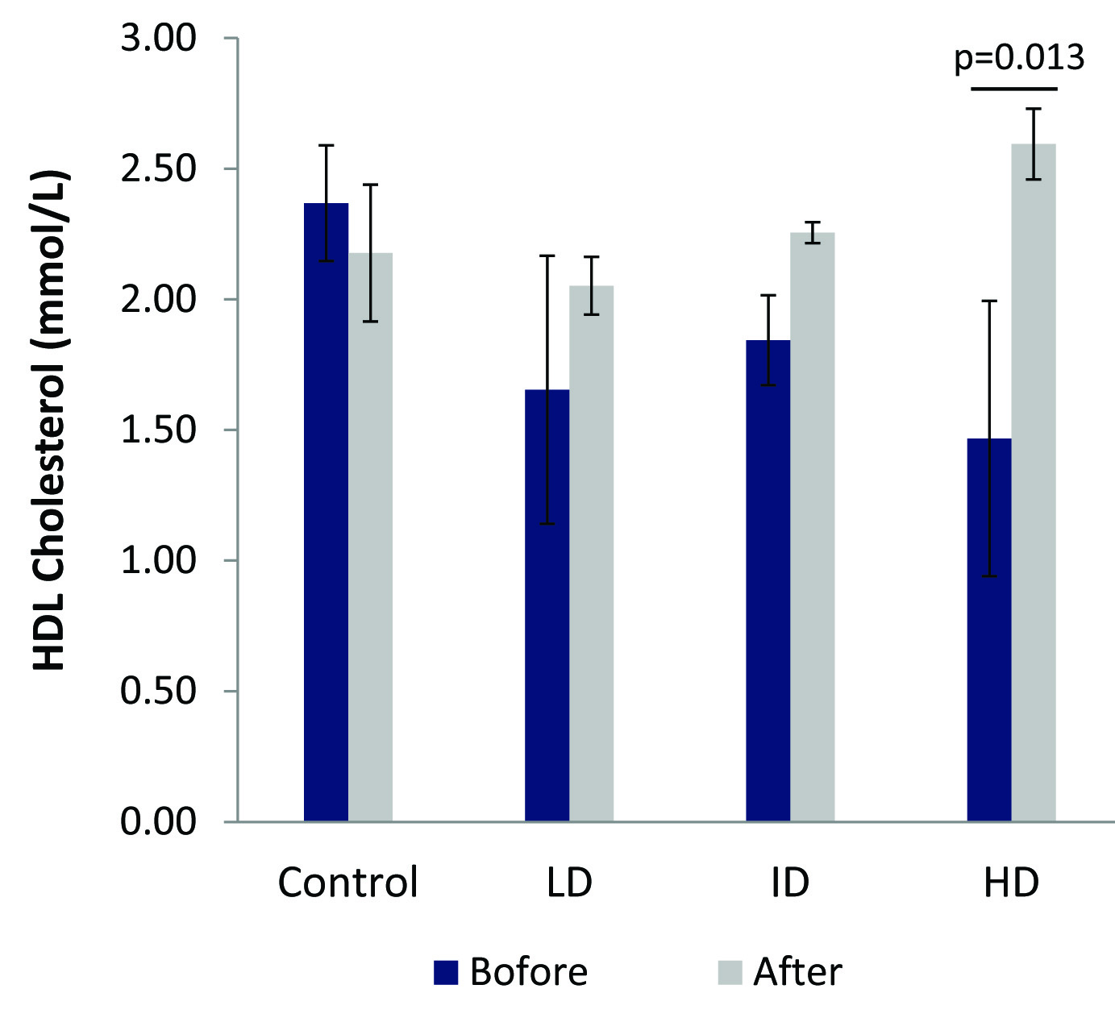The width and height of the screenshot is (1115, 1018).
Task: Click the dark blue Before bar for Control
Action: (x=326, y=516)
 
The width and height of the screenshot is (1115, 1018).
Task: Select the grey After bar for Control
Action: (x=370, y=540)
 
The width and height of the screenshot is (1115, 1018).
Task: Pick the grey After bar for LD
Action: (x=591, y=556)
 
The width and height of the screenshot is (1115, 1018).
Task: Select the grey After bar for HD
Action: (x=1033, y=484)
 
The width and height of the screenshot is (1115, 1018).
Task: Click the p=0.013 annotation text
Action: (x=1019, y=58)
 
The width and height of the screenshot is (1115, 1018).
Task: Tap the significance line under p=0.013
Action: (x=1013, y=88)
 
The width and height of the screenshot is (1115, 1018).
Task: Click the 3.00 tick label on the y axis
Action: (x=158, y=39)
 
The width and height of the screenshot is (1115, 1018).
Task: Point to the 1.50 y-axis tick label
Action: (x=158, y=430)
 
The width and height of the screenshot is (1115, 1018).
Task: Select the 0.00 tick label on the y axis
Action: (x=158, y=822)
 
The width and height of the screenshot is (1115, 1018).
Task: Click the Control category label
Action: (x=347, y=883)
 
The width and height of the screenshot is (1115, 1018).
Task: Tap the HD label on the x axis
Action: (x=1011, y=883)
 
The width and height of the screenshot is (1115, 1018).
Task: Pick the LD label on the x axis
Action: (x=569, y=883)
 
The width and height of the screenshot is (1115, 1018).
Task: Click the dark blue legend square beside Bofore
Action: (x=446, y=972)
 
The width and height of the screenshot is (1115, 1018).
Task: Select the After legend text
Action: (x=797, y=972)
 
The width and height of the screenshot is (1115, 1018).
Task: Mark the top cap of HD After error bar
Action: (x=1034, y=108)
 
